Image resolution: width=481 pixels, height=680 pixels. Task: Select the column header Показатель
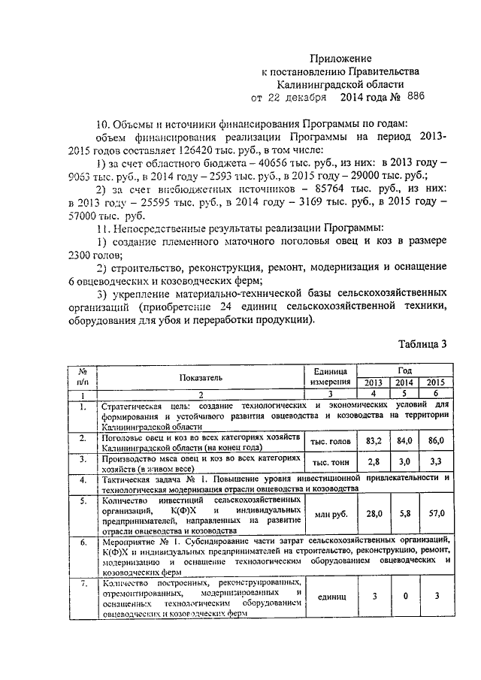click(x=200, y=377)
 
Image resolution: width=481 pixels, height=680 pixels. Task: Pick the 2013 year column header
click(x=368, y=382)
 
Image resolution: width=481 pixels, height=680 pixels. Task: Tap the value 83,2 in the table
click(x=368, y=440)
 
